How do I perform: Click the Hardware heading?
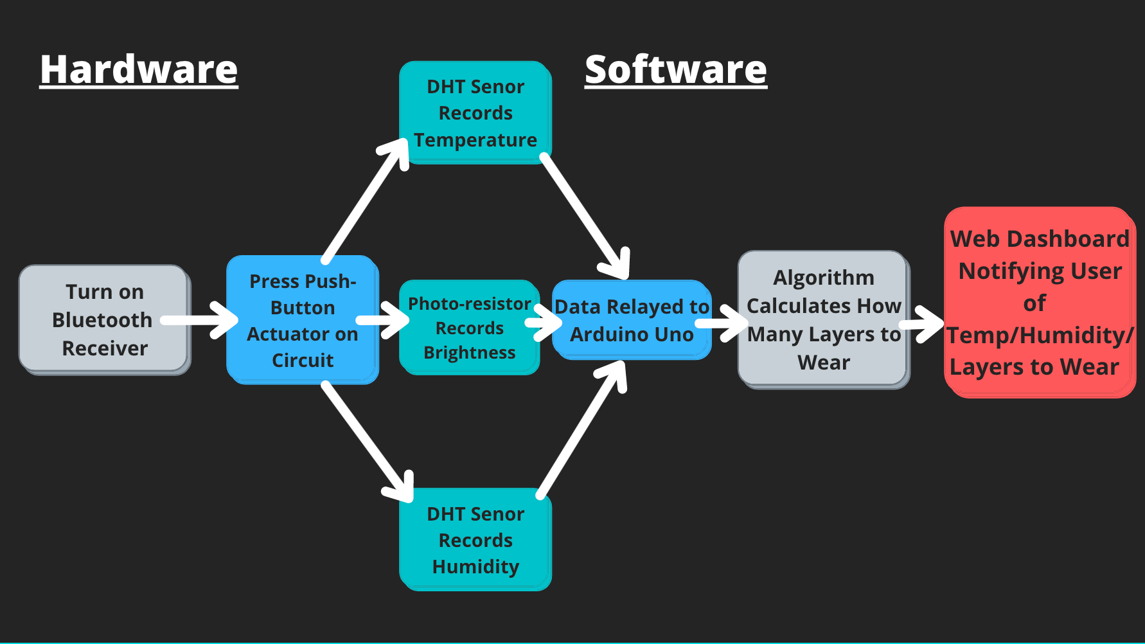[139, 69]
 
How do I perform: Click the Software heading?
[675, 69]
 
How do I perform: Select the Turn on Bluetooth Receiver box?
[104, 319]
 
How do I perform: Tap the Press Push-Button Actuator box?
[302, 320]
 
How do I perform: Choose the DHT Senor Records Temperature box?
[475, 112]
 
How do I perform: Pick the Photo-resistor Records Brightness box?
[469, 328]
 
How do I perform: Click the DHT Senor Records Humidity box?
[475, 540]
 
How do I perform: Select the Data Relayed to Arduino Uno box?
[632, 320]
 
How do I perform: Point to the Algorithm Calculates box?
[823, 319]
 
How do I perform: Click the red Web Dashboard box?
[1039, 302]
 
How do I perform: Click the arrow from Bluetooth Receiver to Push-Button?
[199, 320]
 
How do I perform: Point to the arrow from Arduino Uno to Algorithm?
[723, 323]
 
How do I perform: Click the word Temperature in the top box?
[475, 140]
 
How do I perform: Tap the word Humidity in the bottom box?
[475, 567]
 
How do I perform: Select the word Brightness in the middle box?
[469, 353]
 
